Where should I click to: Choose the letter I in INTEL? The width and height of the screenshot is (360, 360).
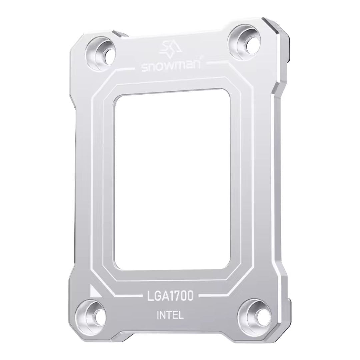coord(158,315)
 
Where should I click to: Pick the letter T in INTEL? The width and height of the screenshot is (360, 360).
coord(170,315)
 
